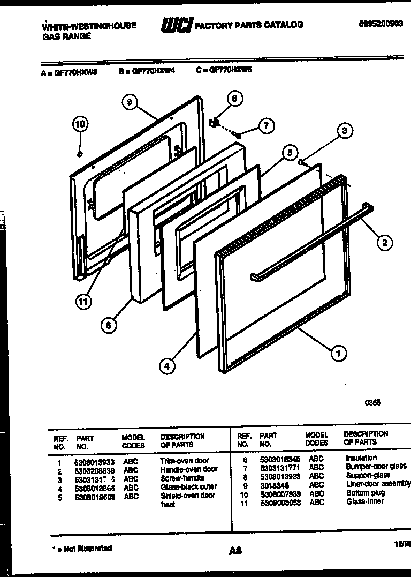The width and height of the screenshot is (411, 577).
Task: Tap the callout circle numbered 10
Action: point(80,125)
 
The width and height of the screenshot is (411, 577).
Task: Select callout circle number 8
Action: point(233,99)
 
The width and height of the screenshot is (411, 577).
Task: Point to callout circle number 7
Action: point(266,126)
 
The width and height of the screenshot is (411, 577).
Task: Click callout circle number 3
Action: point(345,130)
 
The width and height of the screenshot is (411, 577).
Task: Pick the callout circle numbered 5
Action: point(289,153)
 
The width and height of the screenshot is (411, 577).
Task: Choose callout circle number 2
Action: point(384,242)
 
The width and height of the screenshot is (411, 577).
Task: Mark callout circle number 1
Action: point(338,353)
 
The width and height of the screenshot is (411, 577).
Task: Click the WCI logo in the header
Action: point(176,24)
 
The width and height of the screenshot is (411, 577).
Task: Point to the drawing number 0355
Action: point(372,403)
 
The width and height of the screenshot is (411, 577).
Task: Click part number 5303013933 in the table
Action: point(95,461)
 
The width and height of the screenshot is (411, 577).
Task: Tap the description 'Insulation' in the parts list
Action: point(361,458)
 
